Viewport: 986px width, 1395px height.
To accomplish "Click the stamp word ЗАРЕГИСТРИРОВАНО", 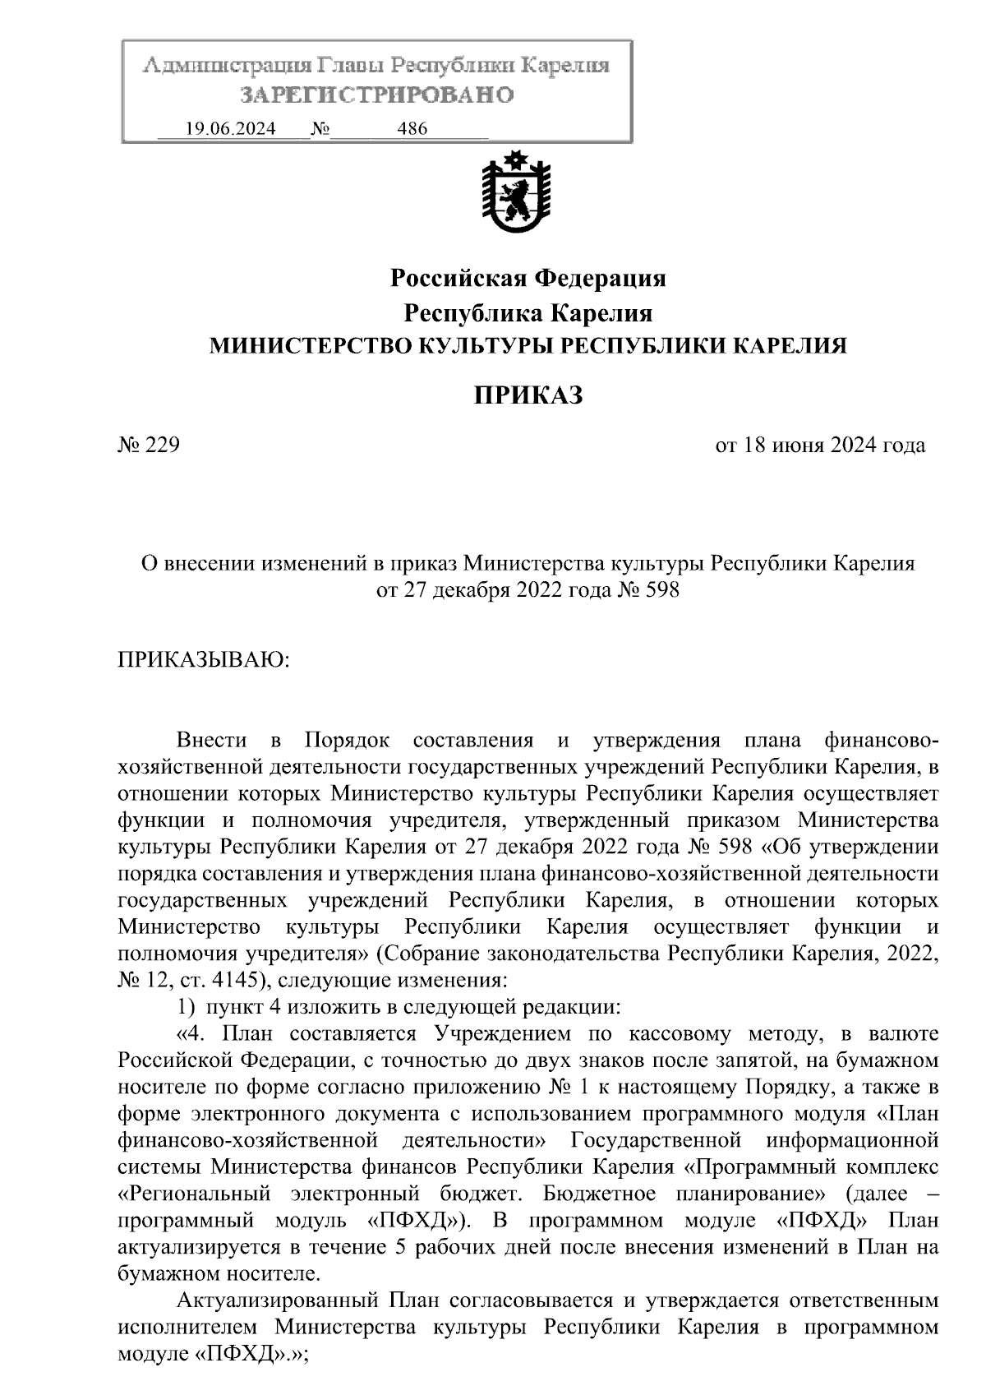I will point(377,95).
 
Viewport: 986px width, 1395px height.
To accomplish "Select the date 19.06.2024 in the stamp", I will point(231,129).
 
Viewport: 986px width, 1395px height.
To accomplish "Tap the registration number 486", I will point(412,129).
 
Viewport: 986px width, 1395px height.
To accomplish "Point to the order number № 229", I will point(149,446).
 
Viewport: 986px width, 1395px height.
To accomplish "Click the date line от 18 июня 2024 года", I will point(820,446).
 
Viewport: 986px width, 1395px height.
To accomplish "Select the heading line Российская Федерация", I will point(528,279).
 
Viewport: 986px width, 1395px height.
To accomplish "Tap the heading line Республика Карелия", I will point(528,313).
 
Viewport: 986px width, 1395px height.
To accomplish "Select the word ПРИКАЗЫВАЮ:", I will point(204,659).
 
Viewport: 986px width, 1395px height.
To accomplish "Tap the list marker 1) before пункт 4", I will point(187,1007).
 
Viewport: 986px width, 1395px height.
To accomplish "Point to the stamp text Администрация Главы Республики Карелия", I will point(377,65).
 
